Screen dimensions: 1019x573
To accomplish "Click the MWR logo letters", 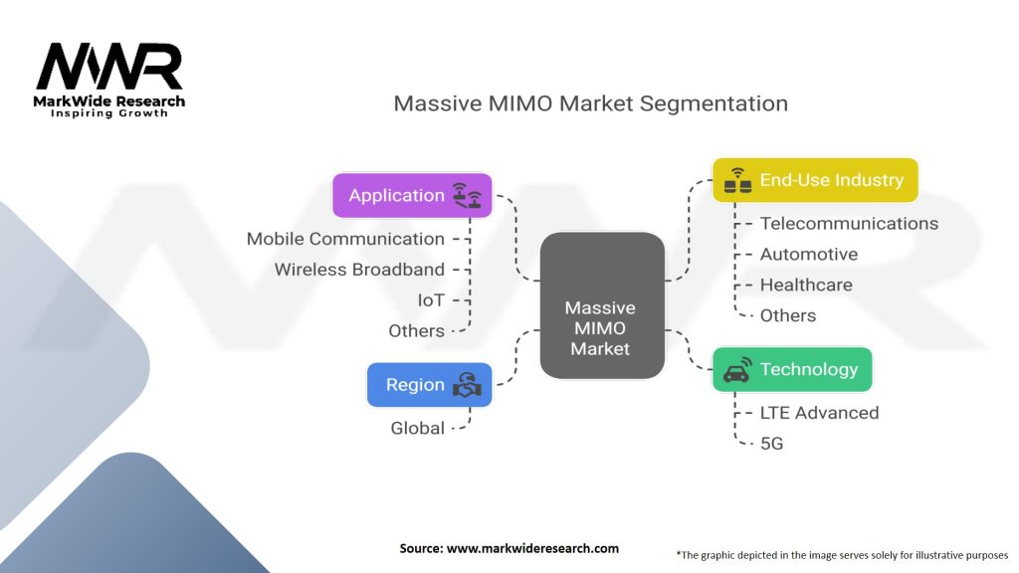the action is point(109,66).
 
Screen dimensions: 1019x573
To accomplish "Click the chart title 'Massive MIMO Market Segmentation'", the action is point(591,103).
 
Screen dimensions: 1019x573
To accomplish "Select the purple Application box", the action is point(412,195).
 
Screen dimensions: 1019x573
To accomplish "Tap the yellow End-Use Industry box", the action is point(815,180).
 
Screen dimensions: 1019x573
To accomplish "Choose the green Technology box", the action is point(792,369).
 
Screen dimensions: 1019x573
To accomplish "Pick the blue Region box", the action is point(429,385).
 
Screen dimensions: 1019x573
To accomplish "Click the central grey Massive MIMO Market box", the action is point(602,305).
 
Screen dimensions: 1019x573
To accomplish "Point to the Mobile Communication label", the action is point(345,239).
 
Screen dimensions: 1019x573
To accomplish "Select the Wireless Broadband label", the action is point(359,270).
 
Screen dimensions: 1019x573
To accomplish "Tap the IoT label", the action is point(431,300).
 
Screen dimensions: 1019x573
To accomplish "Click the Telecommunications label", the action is point(850,224).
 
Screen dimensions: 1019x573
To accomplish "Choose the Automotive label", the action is point(809,254).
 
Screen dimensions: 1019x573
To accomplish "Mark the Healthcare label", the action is point(806,285).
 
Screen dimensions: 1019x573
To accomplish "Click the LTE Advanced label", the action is point(820,413).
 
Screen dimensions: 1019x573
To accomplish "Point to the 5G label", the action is point(771,443).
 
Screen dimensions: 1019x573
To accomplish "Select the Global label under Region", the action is point(417,428).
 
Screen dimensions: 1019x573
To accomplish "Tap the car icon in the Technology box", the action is point(737,369).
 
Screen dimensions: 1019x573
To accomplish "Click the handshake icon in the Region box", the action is point(468,385).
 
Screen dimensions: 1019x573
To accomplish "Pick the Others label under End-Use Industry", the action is point(788,315).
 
